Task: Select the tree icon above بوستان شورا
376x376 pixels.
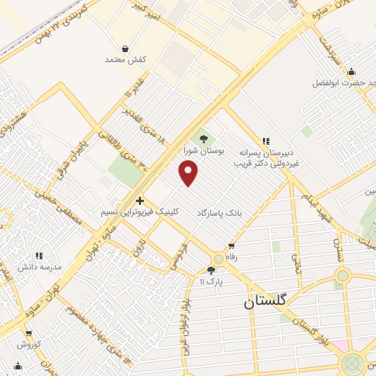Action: pos(203,138)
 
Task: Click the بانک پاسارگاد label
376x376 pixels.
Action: pos(218,212)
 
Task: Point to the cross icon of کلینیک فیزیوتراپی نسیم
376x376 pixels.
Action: pos(140,200)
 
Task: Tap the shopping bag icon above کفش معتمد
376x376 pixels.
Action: pos(126,48)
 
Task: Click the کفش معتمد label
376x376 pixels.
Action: pos(126,59)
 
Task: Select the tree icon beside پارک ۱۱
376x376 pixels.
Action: pos(211,270)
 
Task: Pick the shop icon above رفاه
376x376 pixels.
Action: pos(232,246)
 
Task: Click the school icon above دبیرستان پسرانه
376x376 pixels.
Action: pos(266,141)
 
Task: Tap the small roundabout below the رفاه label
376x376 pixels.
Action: pos(218,259)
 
